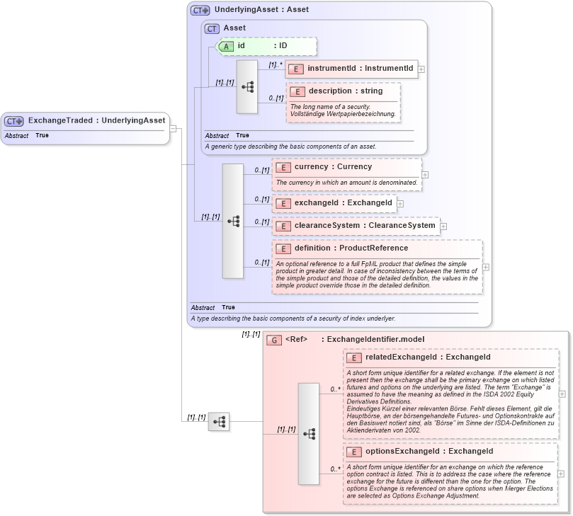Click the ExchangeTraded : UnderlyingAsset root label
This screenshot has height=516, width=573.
(96, 120)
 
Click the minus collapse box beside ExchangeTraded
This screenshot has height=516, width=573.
(173, 128)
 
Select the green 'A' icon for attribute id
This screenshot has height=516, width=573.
(226, 46)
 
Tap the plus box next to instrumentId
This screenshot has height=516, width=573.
(421, 69)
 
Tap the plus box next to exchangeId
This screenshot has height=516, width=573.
(400, 204)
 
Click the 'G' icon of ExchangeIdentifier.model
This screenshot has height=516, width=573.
(273, 340)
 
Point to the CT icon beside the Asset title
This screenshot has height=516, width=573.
(212, 28)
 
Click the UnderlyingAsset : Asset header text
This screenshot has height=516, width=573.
(251, 11)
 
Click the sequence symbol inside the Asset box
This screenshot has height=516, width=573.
(247, 87)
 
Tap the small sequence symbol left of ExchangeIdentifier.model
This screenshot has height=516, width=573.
(219, 422)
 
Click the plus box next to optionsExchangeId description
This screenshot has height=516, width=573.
(562, 474)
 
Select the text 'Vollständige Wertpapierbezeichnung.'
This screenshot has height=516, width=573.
(343, 114)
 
